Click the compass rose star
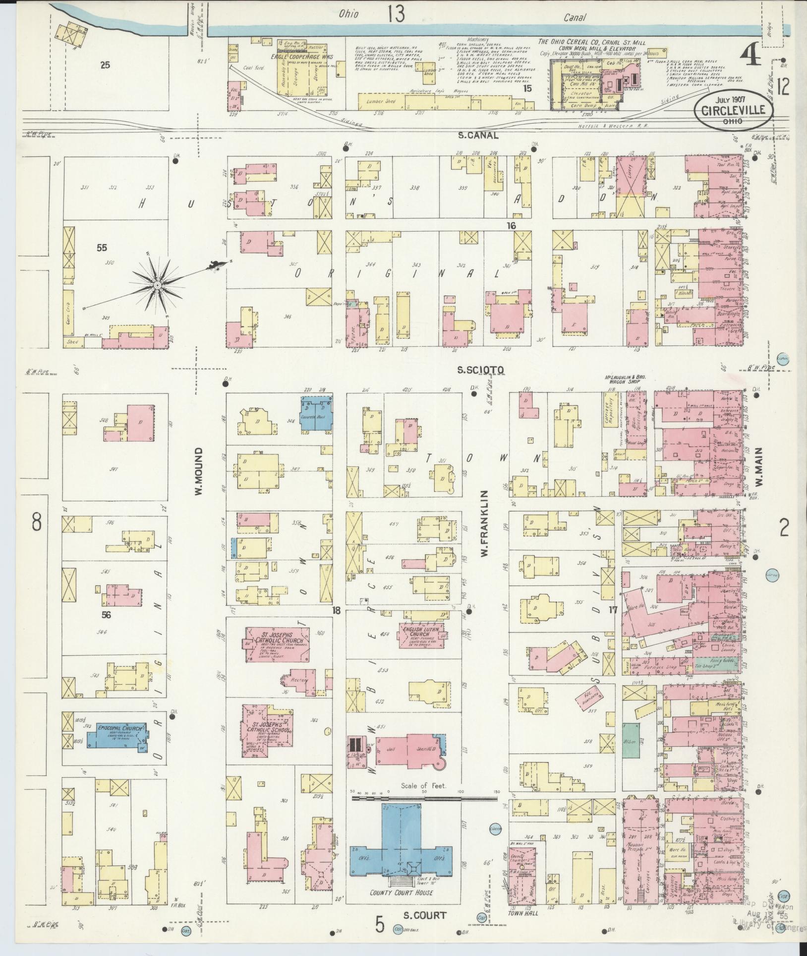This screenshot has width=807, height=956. [x=157, y=284]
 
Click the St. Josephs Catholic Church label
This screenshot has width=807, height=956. [x=279, y=638]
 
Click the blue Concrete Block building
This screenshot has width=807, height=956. [x=315, y=414]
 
